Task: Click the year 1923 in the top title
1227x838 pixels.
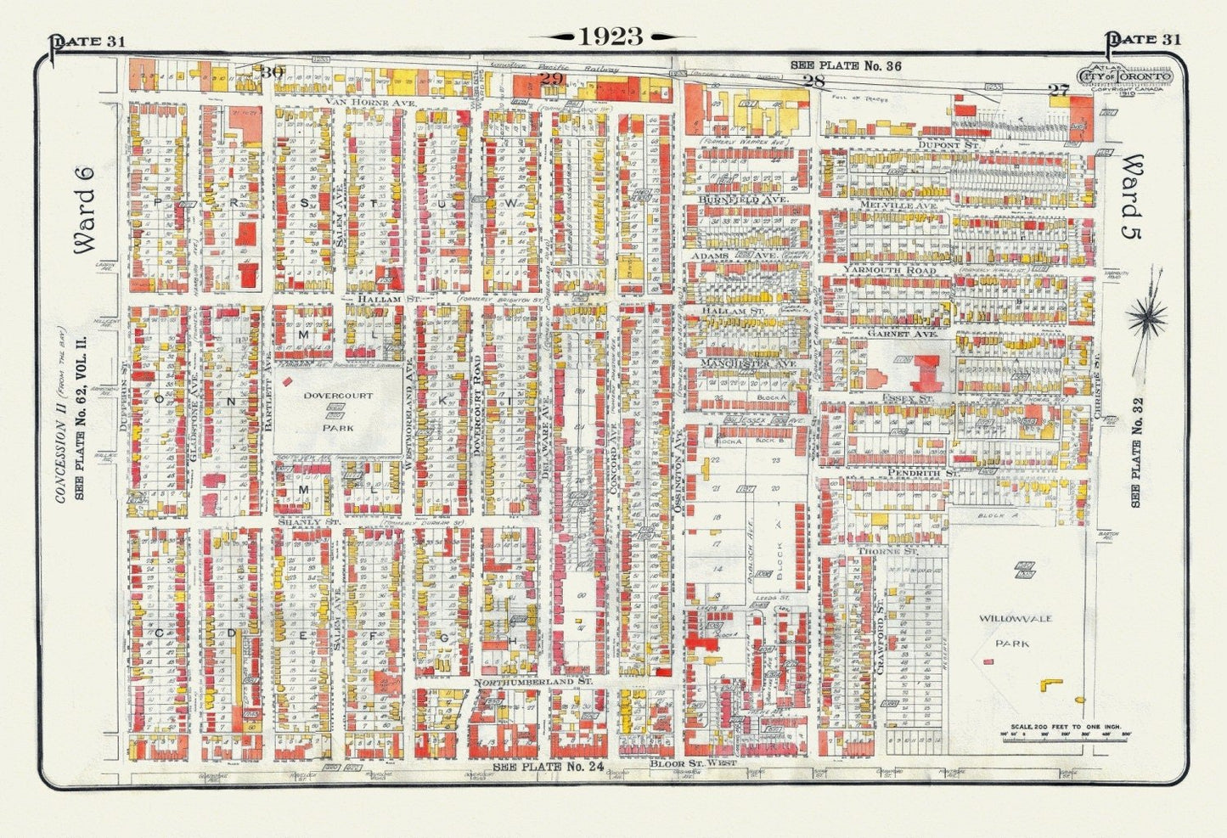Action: pos(611,37)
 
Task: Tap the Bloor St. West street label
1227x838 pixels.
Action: pos(692,763)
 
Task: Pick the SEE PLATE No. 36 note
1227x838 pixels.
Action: pos(845,65)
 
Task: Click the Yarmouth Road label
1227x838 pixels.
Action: pos(889,270)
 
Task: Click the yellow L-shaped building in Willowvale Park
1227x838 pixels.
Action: pos(1050,683)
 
